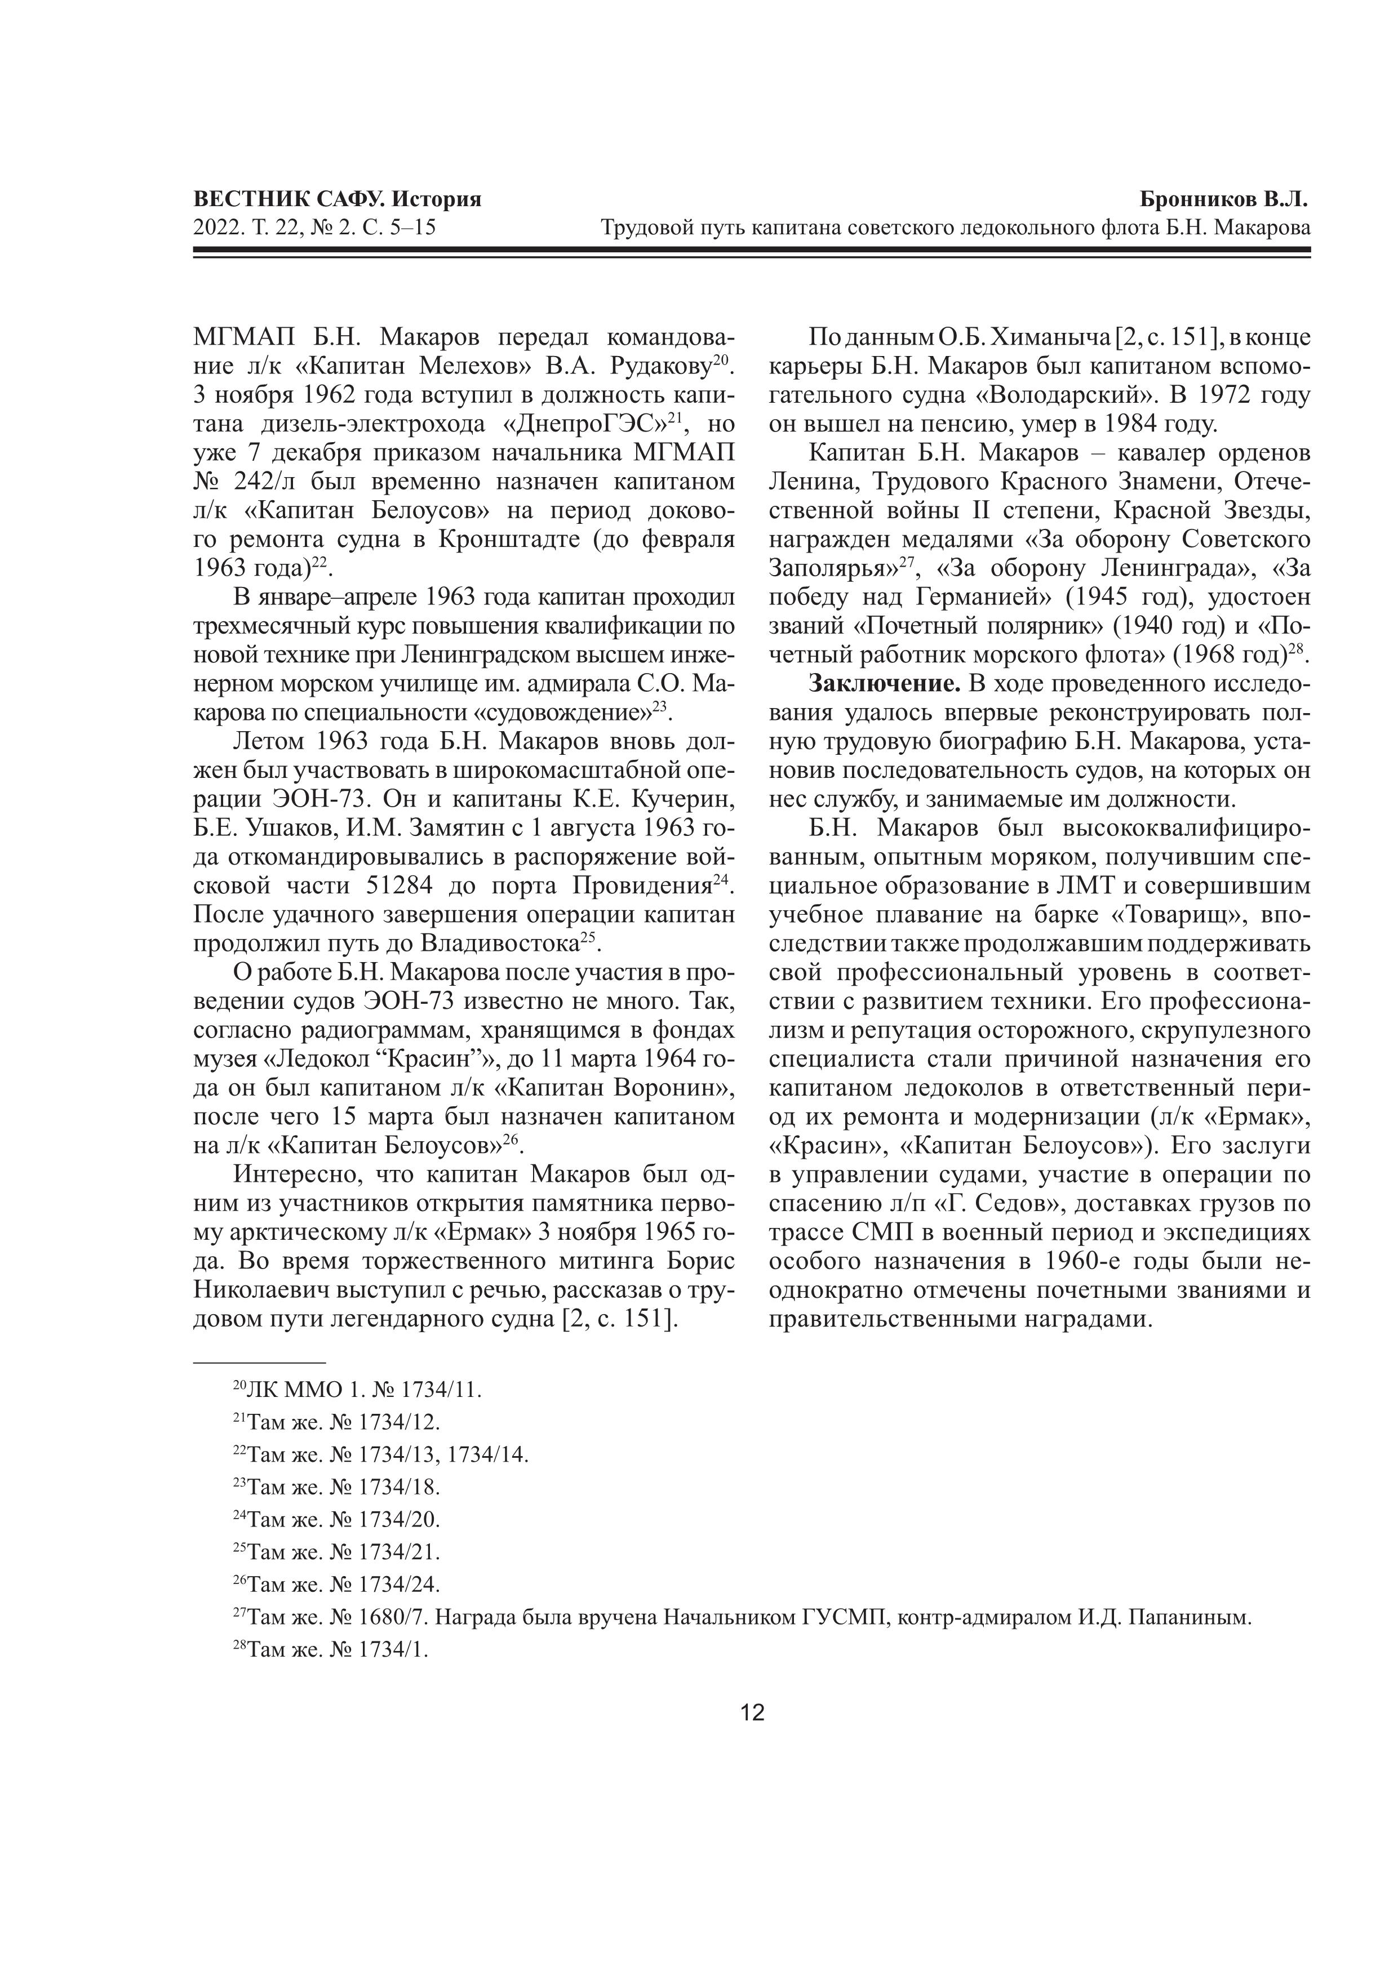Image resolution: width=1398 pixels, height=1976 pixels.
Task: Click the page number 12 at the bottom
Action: pos(752,1712)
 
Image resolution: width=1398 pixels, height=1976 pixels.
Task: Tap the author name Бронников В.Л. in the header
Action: pos(1222,199)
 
